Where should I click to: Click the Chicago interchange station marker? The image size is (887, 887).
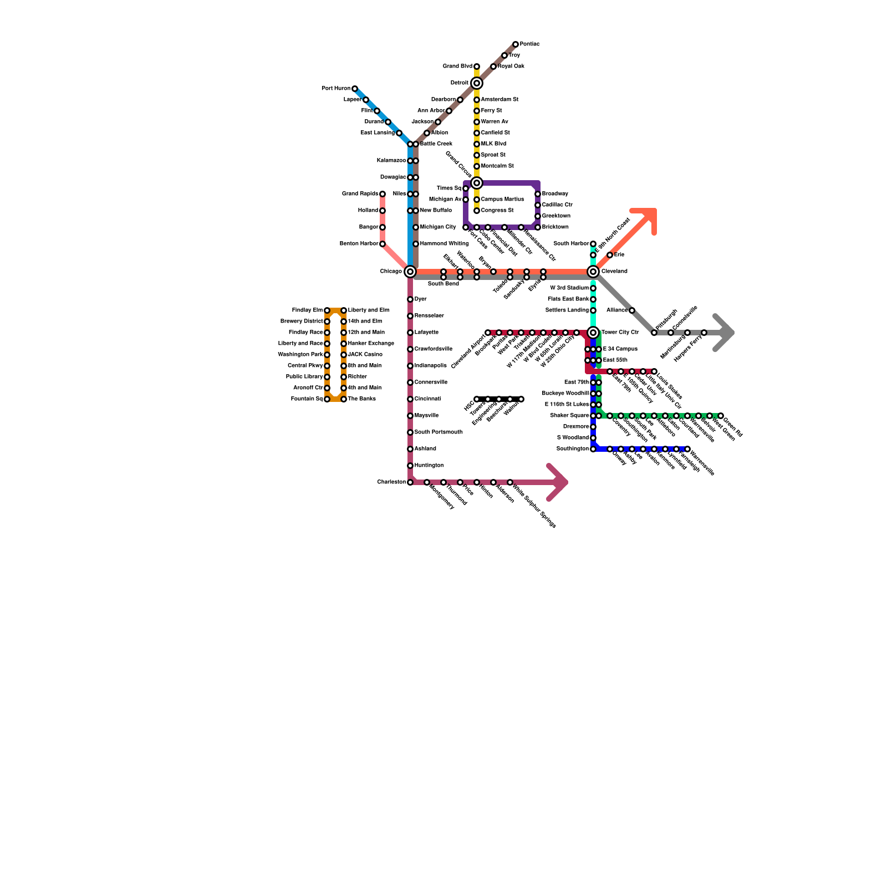(410, 272)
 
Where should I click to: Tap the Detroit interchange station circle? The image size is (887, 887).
(477, 83)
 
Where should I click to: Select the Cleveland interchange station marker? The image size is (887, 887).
(593, 272)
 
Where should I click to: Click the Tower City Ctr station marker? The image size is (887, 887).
(593, 333)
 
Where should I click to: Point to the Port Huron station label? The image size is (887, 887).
(336, 89)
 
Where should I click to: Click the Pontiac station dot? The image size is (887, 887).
(516, 44)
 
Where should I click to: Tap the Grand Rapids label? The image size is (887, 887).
(360, 194)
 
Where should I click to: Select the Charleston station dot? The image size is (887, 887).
(410, 482)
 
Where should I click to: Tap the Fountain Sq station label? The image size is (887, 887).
(307, 399)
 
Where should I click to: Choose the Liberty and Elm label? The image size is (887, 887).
(369, 310)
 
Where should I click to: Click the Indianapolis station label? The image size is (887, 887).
(431, 366)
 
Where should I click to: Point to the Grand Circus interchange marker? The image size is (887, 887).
(477, 183)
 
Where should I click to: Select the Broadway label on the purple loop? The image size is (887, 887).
(555, 194)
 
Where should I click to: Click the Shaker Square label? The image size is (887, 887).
(569, 416)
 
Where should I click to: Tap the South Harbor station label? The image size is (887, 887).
(571, 244)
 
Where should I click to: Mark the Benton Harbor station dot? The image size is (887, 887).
(383, 244)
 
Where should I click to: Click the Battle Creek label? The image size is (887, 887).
(436, 144)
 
